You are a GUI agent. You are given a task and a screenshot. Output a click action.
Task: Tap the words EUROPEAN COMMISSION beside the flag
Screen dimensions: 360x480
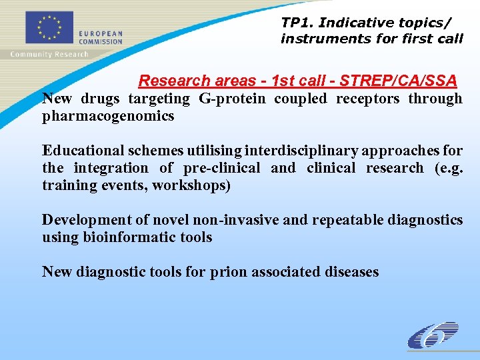[x=101, y=37]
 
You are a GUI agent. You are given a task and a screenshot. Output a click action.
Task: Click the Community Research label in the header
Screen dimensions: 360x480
[x=49, y=54]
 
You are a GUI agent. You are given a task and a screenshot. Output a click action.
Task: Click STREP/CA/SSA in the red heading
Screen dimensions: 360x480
[x=398, y=81]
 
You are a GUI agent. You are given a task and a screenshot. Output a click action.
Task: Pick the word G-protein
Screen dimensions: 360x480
[x=229, y=99]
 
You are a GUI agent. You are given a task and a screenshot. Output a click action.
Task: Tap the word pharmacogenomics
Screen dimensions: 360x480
[x=108, y=116]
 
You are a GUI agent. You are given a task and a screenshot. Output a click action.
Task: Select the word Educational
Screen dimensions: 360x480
[x=83, y=151]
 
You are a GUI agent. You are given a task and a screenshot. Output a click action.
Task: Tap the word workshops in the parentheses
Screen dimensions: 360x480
[x=191, y=185]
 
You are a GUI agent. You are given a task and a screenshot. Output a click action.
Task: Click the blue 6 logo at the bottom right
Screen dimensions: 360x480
[x=433, y=335]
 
